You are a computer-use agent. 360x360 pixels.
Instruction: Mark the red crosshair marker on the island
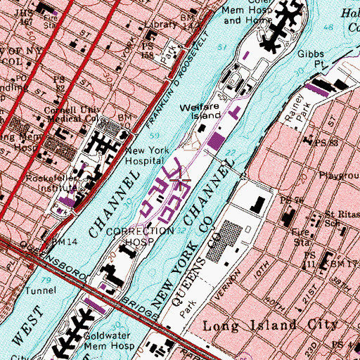[x=181, y=181]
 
